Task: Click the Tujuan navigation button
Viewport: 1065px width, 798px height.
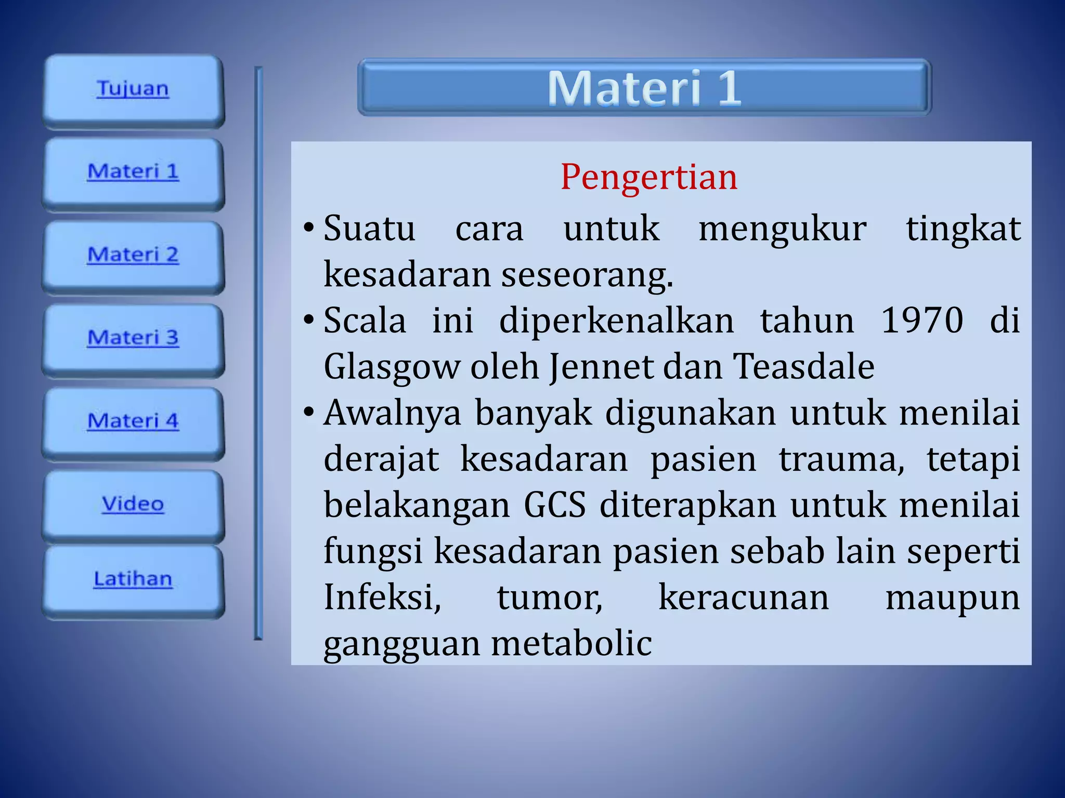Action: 133,89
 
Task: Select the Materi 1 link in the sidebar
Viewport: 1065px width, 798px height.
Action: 133,172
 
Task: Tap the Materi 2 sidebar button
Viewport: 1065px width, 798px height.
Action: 133,255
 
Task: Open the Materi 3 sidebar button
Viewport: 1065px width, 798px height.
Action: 133,338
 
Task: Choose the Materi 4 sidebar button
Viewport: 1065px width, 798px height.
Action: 133,421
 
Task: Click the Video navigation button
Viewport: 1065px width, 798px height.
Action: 133,504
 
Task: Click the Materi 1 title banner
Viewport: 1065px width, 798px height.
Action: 644,87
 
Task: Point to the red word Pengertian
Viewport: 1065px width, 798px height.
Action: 648,177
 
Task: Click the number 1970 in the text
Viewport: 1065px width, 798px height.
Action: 922,321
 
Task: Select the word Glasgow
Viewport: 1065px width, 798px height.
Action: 392,367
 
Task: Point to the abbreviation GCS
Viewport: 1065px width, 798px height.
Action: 554,505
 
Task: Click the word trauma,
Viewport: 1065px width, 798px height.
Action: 841,459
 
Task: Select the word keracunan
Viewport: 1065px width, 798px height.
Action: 744,597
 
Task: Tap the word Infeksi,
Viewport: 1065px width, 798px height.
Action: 382,597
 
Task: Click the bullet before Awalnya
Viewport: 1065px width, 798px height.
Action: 309,413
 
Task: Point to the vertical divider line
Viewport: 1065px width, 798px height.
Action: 258,353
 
